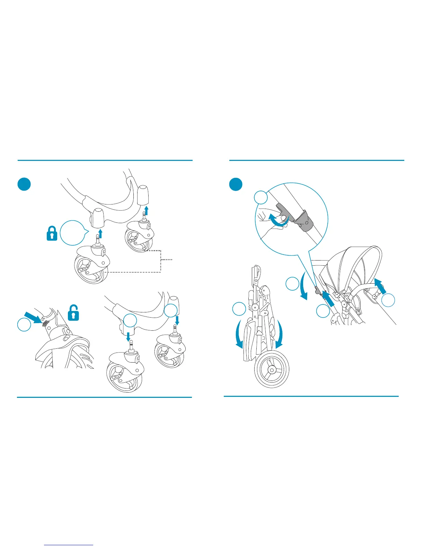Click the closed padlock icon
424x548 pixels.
click(52, 234)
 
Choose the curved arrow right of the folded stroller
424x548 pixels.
click(280, 336)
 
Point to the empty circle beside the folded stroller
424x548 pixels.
click(239, 309)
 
